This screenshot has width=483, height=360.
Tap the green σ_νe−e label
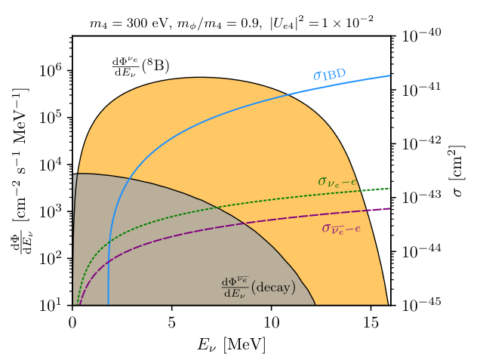click(342, 181)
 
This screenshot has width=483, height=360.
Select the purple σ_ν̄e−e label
click(341, 227)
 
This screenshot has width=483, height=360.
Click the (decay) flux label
click(257, 287)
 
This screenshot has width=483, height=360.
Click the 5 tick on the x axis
click(172, 321)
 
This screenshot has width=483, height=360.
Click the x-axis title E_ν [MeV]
click(232, 343)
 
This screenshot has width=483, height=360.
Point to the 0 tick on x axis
click(72, 321)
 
